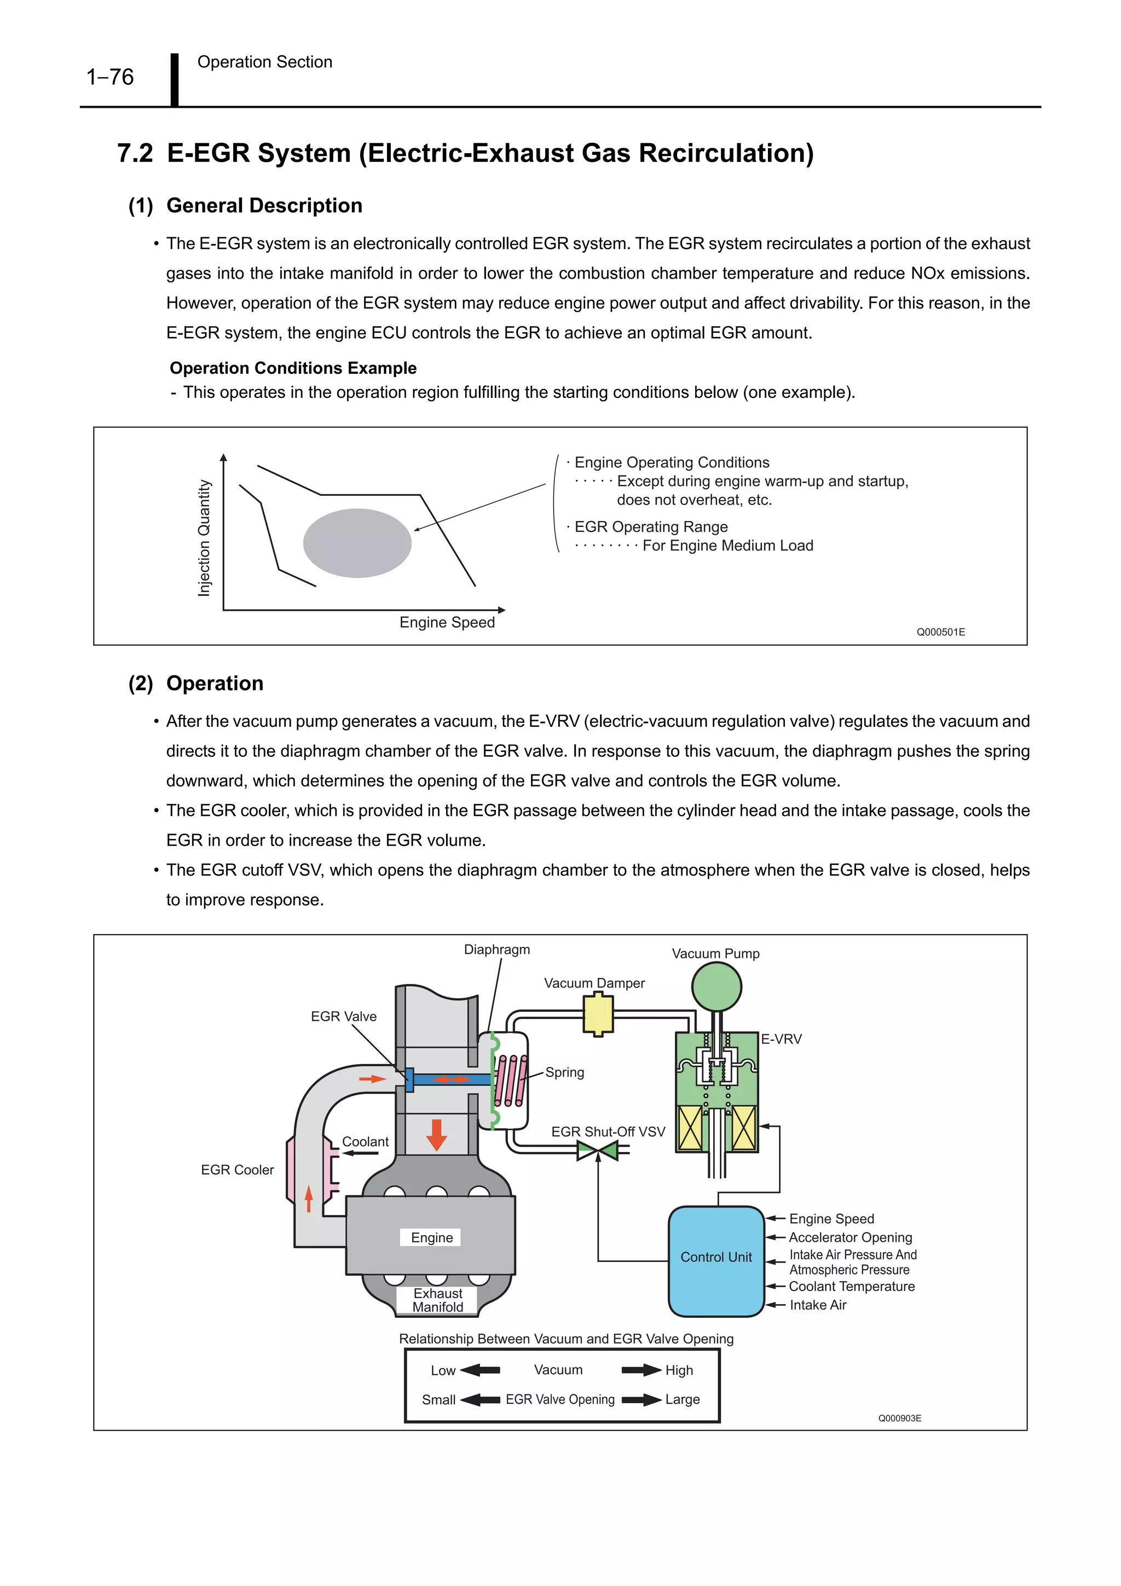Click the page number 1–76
(x=110, y=77)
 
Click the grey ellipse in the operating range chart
(x=357, y=543)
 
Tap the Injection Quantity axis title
(x=204, y=537)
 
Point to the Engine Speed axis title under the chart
(x=447, y=622)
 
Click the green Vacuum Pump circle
(x=716, y=987)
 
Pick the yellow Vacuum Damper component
(x=598, y=1014)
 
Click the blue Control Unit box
(x=716, y=1261)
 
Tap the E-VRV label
(x=781, y=1039)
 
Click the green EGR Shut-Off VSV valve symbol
(x=598, y=1151)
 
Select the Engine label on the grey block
(x=432, y=1237)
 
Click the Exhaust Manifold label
(x=438, y=1300)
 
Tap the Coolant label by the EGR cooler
(x=366, y=1142)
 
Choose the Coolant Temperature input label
(x=852, y=1286)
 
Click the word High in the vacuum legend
(x=679, y=1370)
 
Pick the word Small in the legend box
(x=438, y=1399)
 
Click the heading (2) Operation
(x=196, y=683)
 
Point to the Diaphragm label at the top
(x=496, y=950)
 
